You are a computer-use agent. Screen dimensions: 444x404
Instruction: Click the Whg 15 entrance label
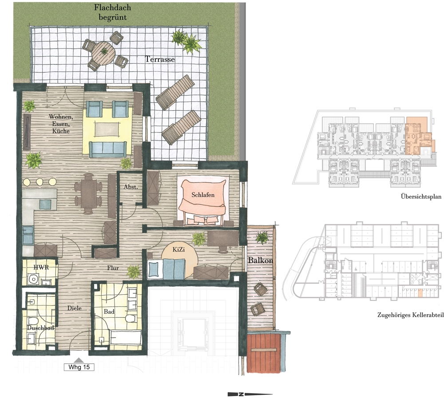[79, 367]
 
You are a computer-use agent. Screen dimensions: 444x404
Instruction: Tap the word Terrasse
[160, 59]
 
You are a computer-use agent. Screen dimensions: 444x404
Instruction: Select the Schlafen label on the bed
[203, 195]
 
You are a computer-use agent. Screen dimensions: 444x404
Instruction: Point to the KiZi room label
[178, 249]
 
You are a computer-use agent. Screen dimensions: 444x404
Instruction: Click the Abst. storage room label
[131, 187]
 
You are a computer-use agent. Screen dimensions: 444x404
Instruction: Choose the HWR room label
[41, 267]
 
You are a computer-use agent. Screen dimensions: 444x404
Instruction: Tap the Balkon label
[261, 260]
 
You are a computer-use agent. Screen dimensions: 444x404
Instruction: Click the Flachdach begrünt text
[112, 12]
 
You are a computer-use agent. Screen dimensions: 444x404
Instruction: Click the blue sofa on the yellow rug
[107, 149]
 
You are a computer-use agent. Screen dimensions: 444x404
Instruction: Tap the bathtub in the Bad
[126, 337]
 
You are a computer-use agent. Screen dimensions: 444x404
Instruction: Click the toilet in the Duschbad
[33, 321]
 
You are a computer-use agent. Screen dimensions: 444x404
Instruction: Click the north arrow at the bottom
[250, 394]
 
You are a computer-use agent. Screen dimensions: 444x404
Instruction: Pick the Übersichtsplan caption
[421, 196]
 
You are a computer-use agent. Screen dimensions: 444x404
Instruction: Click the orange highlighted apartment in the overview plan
[418, 136]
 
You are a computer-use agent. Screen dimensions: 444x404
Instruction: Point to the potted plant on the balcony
[262, 238]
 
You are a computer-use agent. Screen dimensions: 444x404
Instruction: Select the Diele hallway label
[75, 308]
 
